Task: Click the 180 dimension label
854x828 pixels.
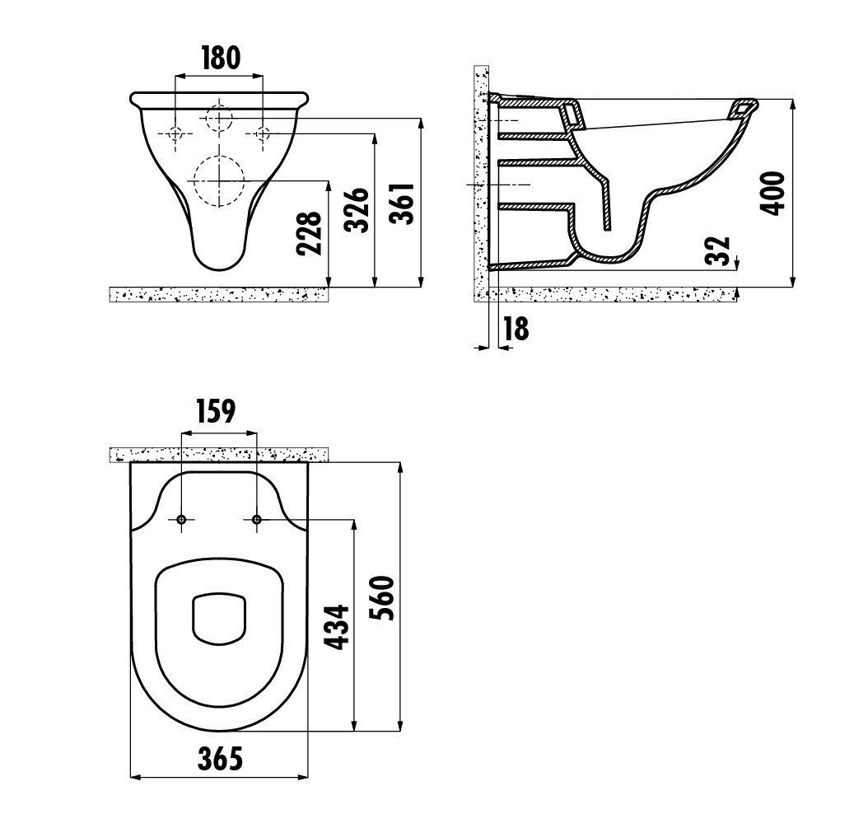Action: point(220,58)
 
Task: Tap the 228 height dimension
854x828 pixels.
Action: point(309,234)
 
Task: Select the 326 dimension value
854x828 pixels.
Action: point(357,210)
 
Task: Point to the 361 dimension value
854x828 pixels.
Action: point(403,203)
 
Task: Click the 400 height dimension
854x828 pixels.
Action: point(772,194)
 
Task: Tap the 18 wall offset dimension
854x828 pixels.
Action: point(516,329)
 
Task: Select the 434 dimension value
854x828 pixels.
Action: point(336,626)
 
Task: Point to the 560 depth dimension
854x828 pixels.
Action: point(381,597)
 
